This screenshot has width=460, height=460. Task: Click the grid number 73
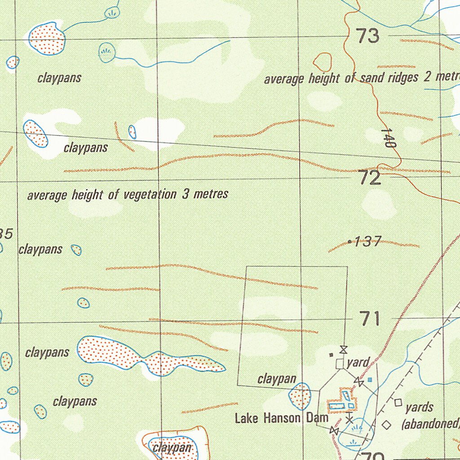point(367,36)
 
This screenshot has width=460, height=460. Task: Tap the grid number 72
point(370,178)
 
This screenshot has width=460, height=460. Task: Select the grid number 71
point(370,319)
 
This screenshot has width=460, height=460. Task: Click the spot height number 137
point(368,242)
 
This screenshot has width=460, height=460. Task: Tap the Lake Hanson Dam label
point(282,418)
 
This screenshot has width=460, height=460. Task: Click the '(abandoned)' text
point(430,424)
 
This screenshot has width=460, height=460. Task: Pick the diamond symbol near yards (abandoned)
point(386,424)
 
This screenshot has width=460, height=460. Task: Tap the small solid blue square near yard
point(370,380)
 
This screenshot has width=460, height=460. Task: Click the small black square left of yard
point(332,354)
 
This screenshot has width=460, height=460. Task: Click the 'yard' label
point(358,362)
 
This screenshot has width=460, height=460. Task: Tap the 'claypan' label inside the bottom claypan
point(172,447)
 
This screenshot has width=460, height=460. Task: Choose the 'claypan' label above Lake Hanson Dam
point(277,380)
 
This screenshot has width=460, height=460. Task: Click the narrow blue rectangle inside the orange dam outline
point(346,396)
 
